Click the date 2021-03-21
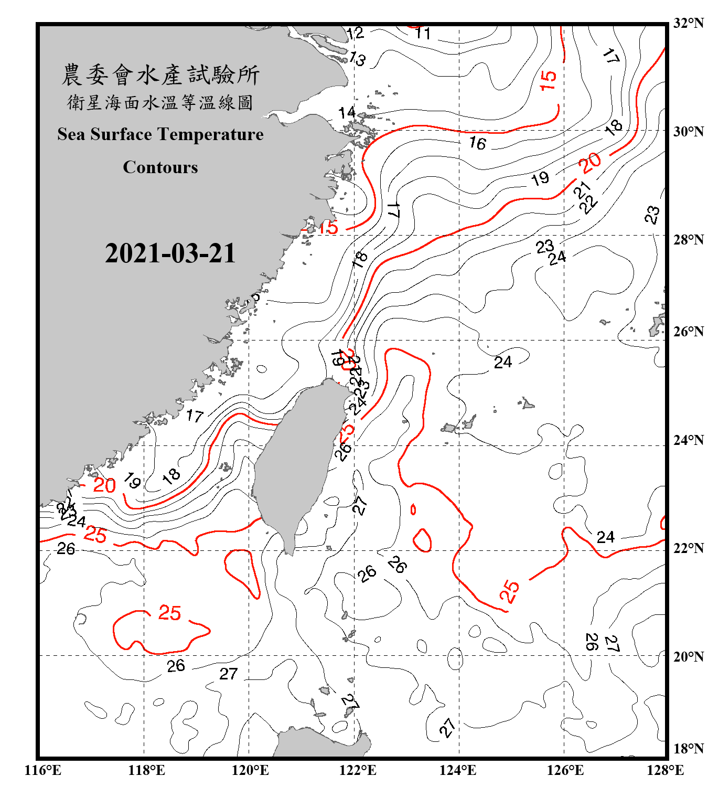click(x=170, y=253)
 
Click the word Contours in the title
click(x=160, y=167)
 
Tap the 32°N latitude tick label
click(x=688, y=23)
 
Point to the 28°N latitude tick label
click(x=688, y=240)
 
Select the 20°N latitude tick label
click(x=688, y=656)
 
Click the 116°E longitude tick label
click(x=42, y=770)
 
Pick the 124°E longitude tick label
click(x=458, y=770)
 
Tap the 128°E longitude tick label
click(x=665, y=770)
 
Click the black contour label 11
click(x=423, y=34)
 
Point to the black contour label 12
click(x=355, y=34)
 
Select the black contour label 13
click(x=357, y=59)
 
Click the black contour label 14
click(x=347, y=113)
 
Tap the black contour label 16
click(x=477, y=143)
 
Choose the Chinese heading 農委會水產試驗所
click(x=160, y=75)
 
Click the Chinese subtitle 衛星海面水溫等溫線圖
click(x=160, y=102)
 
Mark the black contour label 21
click(x=582, y=190)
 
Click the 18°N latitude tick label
click(x=688, y=749)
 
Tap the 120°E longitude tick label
click(x=250, y=770)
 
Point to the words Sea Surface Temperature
click(x=160, y=134)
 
